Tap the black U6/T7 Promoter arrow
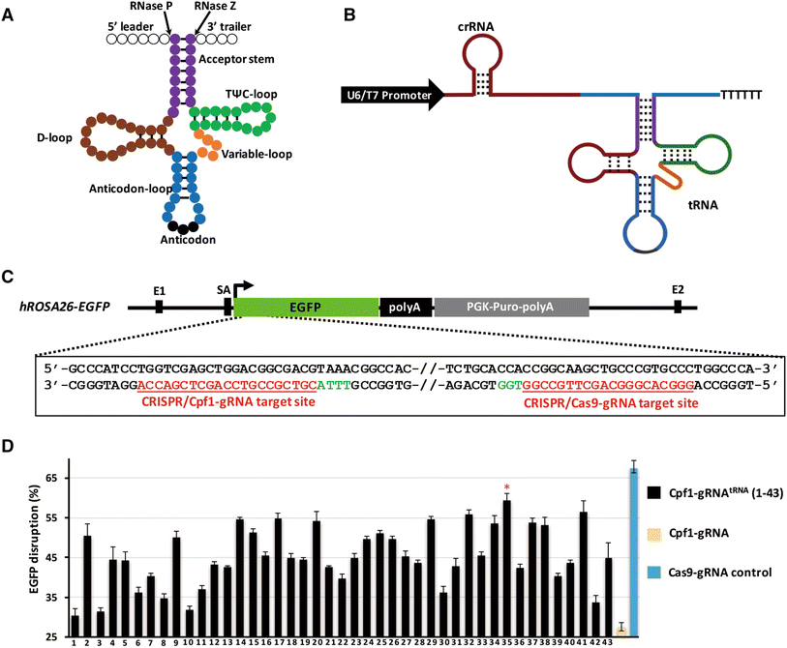pos(391,95)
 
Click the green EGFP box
pos(306,308)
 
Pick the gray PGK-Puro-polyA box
pos(511,308)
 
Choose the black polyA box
pos(405,308)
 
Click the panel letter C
pos(8,278)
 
